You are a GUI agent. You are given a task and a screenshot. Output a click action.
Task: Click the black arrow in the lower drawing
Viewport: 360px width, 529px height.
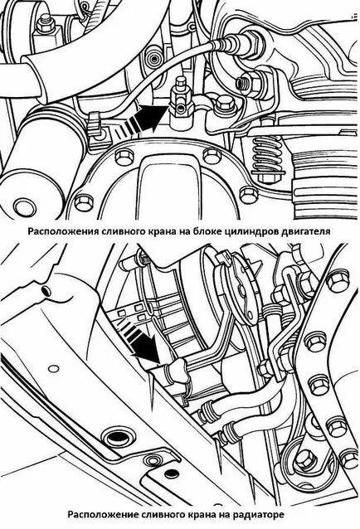tap(142, 341)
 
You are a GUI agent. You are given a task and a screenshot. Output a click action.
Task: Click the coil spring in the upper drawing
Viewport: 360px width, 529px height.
tap(266, 156)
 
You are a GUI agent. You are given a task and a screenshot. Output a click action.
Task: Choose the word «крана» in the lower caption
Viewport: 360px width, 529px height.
tap(200, 515)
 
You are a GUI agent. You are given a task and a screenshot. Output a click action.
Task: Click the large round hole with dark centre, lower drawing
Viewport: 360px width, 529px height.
tap(116, 438)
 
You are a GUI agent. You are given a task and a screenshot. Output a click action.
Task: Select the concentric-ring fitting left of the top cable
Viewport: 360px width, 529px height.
tap(153, 59)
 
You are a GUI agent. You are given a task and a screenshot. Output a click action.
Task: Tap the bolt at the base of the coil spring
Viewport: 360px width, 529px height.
tap(266, 177)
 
